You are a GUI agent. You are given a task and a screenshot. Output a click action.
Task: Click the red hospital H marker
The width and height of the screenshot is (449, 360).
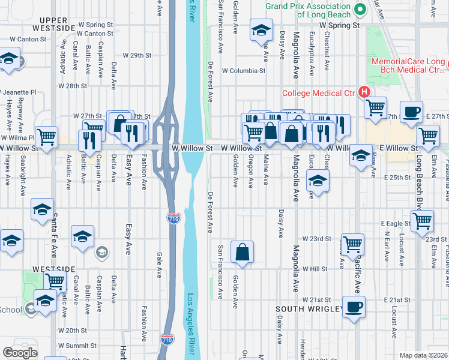tap(363, 92)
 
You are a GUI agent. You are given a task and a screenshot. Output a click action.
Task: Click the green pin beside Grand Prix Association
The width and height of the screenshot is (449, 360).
tap(360, 9)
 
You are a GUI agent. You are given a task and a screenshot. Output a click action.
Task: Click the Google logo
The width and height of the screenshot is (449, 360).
tap(20, 353)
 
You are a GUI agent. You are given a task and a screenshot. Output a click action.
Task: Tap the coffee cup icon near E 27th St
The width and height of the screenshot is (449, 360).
tap(412, 112)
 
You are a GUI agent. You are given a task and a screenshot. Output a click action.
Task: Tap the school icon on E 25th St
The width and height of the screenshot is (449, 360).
tap(318, 180)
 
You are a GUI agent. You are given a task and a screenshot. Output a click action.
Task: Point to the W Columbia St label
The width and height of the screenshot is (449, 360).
tap(243, 71)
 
